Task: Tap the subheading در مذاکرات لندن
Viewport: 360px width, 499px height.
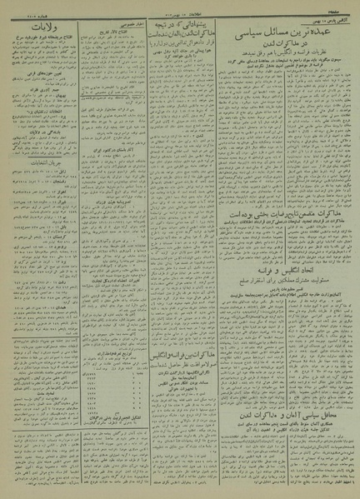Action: pos(284,42)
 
